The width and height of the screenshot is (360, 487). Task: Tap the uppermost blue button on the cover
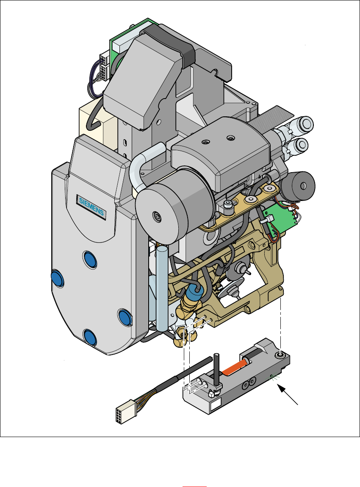(90, 260)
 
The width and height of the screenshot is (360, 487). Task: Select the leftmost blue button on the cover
(58, 278)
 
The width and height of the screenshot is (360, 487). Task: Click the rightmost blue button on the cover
(125, 317)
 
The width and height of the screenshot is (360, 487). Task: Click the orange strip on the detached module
(234, 367)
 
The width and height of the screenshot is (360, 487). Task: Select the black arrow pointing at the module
(288, 394)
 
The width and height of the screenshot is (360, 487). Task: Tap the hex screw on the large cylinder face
(157, 217)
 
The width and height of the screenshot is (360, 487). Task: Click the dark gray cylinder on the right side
(297, 185)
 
